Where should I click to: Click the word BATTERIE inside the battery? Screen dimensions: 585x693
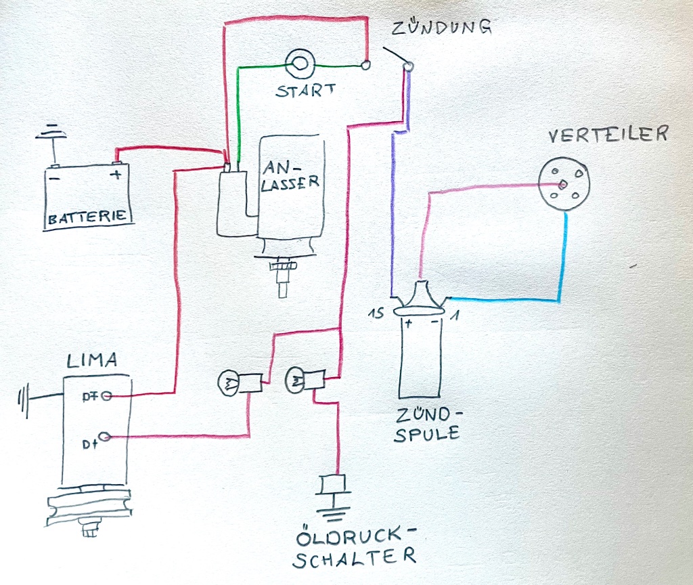pos(87,218)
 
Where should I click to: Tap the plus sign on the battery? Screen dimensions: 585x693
pos(116,175)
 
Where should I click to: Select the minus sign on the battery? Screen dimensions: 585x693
pos(55,177)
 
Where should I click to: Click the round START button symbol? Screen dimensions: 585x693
pos(298,64)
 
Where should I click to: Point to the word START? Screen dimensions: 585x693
pos(305,91)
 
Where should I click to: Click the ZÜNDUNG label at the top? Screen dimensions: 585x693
pos(441,29)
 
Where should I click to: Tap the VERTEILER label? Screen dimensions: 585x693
pos(608,135)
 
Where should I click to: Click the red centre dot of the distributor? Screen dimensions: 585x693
pos(562,184)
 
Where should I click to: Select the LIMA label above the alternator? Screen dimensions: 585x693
pos(91,361)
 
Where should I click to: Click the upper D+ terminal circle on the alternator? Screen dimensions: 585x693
pos(106,397)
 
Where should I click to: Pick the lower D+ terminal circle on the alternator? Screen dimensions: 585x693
pos(105,437)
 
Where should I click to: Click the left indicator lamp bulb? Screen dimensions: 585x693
pos(227,384)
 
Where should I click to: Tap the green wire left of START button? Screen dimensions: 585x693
pos(238,108)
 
